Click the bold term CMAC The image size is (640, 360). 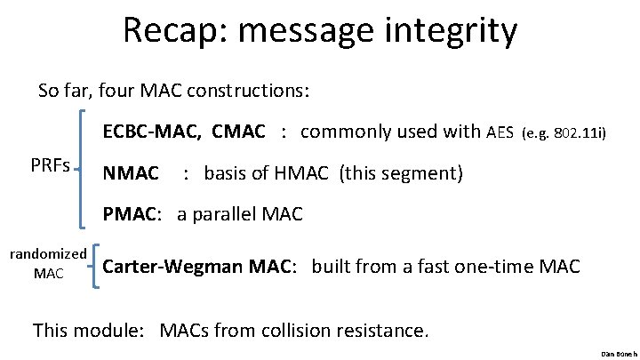(238, 132)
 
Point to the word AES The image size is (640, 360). (500, 133)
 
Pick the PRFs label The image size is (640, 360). (50, 166)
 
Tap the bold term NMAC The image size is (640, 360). (131, 172)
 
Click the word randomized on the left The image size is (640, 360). (47, 253)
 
